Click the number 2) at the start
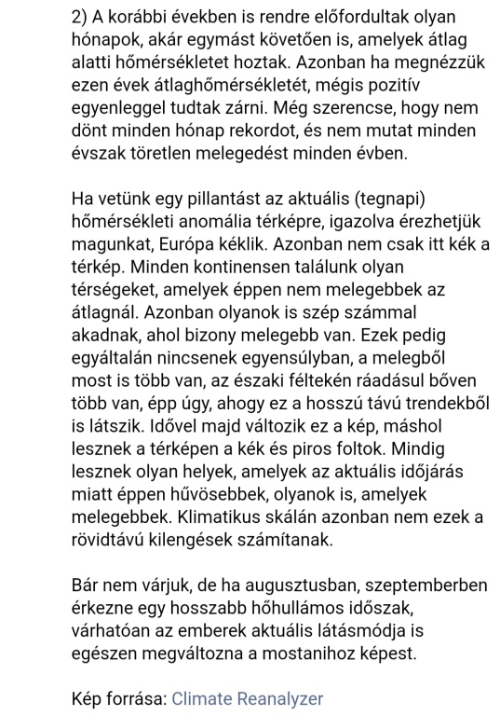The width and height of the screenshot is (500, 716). [x=81, y=19]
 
